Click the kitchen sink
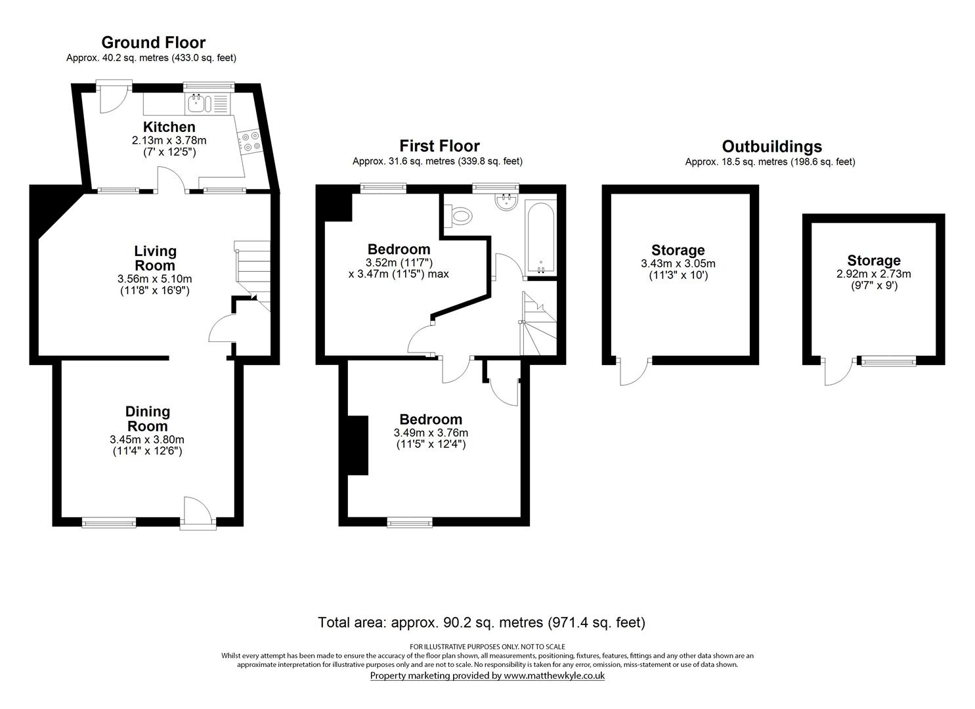click(198, 102)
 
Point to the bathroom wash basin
click(506, 200)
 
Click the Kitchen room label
click(169, 127)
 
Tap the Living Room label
click(155, 258)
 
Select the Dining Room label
click(148, 419)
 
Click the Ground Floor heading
click(153, 43)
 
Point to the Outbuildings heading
click(771, 146)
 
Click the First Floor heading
click(439, 146)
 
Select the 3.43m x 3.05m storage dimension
click(678, 264)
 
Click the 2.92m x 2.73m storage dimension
click(873, 274)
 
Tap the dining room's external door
click(196, 512)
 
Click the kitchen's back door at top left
click(111, 97)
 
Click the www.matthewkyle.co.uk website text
click(553, 676)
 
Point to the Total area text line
click(481, 622)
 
